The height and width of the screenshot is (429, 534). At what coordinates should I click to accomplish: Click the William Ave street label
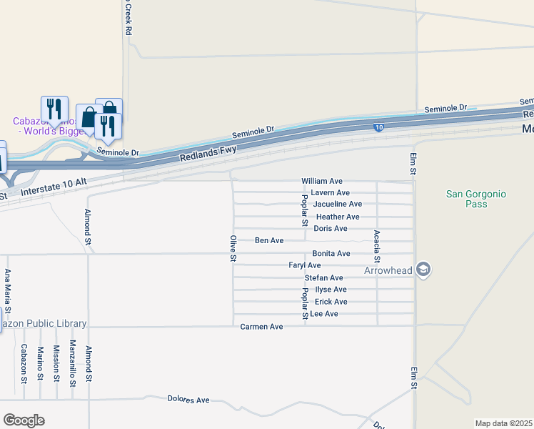[322, 182]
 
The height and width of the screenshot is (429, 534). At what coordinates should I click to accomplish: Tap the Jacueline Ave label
[338, 204]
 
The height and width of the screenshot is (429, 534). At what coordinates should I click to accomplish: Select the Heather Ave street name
[338, 217]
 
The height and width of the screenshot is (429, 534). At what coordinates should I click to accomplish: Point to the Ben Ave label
[269, 241]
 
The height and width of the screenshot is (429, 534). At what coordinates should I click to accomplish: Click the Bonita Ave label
[331, 254]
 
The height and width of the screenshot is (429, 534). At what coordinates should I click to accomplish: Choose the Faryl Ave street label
[305, 265]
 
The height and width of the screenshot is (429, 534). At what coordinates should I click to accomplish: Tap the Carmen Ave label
[261, 327]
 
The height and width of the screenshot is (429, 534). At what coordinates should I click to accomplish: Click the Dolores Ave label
[188, 399]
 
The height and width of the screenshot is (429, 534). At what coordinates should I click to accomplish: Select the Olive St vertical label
[233, 247]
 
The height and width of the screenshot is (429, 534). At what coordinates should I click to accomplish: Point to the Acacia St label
[377, 247]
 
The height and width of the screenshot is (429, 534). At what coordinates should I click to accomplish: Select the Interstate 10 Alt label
[54, 187]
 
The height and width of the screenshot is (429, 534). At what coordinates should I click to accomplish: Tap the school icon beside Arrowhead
[423, 270]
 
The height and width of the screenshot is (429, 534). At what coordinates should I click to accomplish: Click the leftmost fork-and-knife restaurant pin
[54, 109]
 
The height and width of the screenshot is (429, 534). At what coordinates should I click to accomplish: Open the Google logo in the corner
[24, 420]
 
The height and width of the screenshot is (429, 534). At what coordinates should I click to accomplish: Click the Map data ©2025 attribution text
[503, 423]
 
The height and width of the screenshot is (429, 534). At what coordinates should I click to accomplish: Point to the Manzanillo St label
[72, 363]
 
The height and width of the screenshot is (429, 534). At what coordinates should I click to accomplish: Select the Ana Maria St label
[8, 291]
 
